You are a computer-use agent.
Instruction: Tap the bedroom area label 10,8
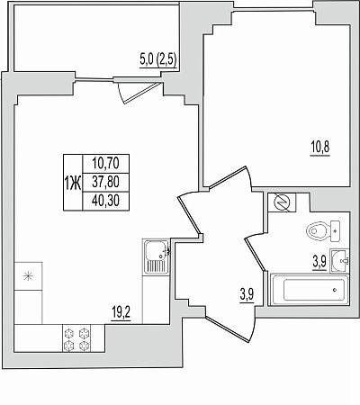[x=319, y=148]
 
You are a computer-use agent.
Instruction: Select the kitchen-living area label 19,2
[x=121, y=313]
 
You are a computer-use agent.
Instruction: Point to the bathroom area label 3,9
[x=319, y=263]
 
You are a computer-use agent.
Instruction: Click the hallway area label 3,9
[x=247, y=295]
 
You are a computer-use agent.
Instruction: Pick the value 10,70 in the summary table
[x=105, y=164]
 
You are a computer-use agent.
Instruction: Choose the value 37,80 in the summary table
[x=105, y=182]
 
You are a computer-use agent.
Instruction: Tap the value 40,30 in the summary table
[x=105, y=201]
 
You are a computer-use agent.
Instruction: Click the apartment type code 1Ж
[x=73, y=183]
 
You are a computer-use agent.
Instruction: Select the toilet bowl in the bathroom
[x=318, y=231]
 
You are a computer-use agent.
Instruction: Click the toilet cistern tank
[x=335, y=231]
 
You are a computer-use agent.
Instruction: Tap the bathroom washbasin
[x=339, y=260]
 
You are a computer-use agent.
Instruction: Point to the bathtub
[x=309, y=290]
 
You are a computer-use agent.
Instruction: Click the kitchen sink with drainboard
[x=156, y=257]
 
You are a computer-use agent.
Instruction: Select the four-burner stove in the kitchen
[x=76, y=339]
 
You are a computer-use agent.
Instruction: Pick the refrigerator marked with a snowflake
[x=28, y=276]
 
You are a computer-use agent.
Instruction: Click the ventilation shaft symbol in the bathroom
[x=282, y=203]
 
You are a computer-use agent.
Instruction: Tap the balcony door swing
[x=138, y=92]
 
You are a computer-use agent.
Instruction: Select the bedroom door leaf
[x=228, y=176]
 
